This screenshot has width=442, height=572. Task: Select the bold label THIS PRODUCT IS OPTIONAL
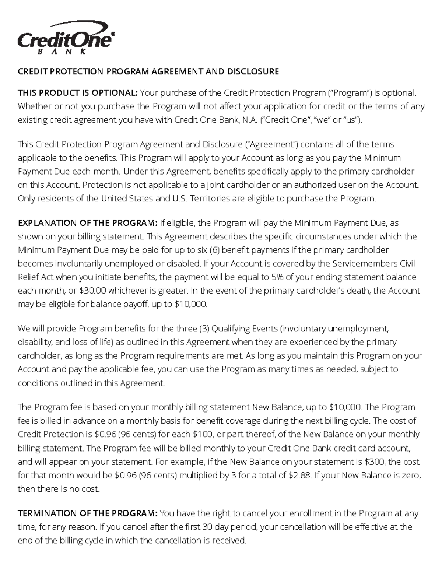pos(78,93)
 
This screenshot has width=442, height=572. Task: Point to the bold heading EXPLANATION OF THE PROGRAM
pos(88,223)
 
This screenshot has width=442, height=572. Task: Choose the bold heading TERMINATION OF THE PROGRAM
pos(88,513)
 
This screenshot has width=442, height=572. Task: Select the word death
pos(357,291)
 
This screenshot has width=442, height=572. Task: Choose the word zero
pos(411,476)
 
